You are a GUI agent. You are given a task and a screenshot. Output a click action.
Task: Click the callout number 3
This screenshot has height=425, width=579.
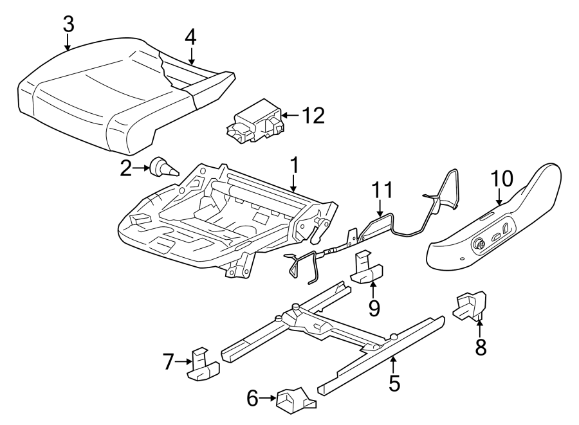point(68,24)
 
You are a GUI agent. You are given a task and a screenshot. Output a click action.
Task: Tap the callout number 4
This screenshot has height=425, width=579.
point(190,37)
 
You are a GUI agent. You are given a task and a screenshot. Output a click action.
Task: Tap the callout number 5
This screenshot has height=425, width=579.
point(394,383)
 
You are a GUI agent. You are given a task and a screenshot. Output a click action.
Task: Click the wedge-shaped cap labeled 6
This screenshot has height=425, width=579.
point(294,401)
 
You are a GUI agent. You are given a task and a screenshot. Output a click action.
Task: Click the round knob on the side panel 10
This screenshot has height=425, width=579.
point(480,244)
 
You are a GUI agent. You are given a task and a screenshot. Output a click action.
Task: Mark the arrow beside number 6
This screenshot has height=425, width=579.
point(268,400)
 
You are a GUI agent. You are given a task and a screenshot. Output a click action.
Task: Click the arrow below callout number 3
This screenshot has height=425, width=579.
point(68,42)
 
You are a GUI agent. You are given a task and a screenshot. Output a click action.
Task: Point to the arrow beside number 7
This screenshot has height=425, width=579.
point(183,363)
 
